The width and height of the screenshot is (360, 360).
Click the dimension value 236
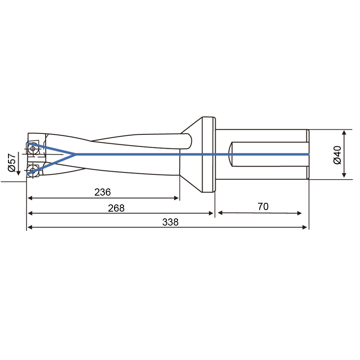tap(102, 192)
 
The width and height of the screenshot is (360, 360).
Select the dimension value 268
tap(116, 208)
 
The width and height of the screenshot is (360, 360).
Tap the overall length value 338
tap(170, 222)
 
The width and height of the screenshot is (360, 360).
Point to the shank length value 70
tap(263, 207)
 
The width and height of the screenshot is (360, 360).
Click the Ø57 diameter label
tap(12, 162)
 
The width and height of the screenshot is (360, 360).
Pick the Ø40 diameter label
tap(337, 155)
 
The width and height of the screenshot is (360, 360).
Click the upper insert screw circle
tap(33, 148)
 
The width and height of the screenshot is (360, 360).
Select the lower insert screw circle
tap(33, 170)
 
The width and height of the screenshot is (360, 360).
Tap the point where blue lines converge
tap(75, 154)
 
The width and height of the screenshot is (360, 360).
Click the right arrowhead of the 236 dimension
tap(176, 198)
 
